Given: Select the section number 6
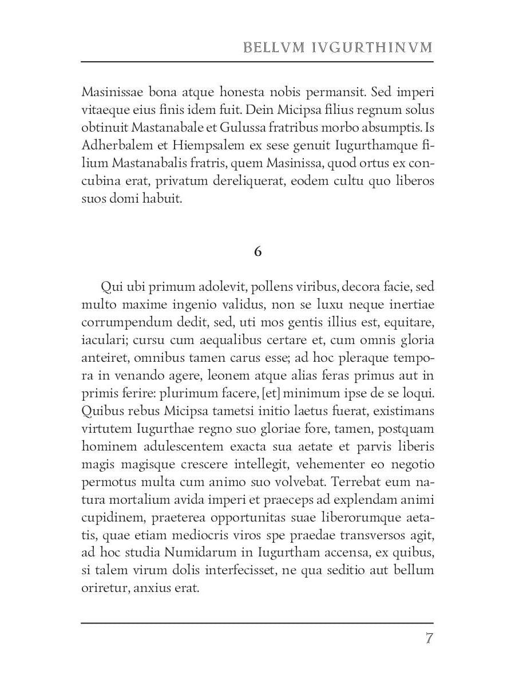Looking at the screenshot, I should coord(257,251).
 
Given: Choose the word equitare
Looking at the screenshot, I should coord(410,322).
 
